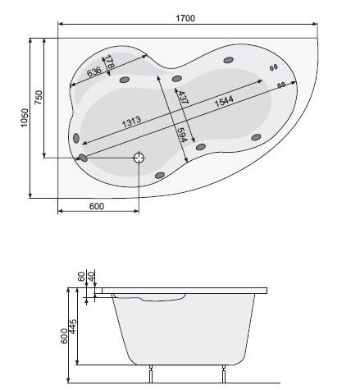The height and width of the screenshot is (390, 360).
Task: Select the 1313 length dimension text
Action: pyautogui.click(x=134, y=122)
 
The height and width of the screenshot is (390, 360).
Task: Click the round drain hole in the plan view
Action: pyautogui.click(x=138, y=157)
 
